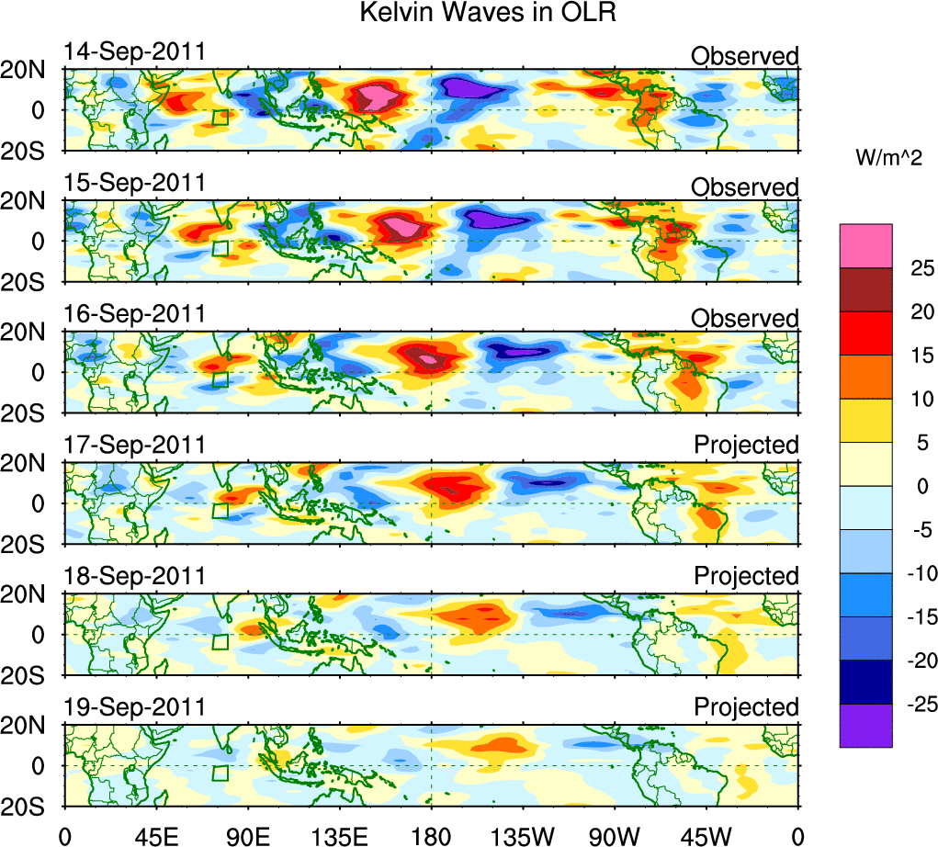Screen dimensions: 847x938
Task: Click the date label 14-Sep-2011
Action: click(135, 51)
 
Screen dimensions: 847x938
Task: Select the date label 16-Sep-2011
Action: click(135, 314)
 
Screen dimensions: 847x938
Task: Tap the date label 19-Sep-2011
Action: click(135, 707)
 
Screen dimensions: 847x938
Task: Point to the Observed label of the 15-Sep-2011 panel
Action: click(745, 187)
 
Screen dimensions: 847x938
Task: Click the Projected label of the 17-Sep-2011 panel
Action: click(746, 445)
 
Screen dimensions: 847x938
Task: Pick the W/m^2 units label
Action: click(889, 158)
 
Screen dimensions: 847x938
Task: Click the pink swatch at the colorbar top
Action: click(865, 245)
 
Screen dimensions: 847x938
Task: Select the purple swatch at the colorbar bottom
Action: click(865, 726)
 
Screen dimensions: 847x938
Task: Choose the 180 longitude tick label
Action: click(431, 837)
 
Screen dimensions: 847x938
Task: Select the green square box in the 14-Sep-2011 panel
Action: click(220, 118)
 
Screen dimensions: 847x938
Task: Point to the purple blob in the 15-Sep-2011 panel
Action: click(497, 220)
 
